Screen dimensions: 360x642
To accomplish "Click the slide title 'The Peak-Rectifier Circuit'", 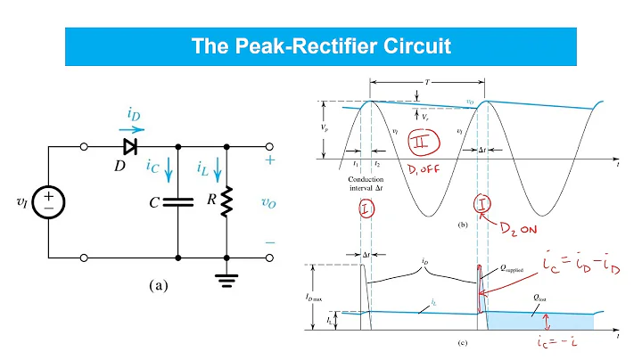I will tap(321, 45).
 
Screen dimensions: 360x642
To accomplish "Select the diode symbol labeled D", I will tap(131, 144).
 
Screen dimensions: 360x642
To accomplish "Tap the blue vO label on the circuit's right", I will tap(268, 202).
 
